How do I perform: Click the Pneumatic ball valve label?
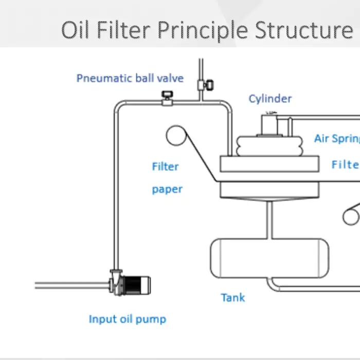130,79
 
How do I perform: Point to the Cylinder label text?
270,99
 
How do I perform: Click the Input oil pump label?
128,319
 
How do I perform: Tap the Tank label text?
233,297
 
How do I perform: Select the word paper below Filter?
167,189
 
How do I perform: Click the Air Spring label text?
336,139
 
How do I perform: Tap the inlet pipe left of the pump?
72,285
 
